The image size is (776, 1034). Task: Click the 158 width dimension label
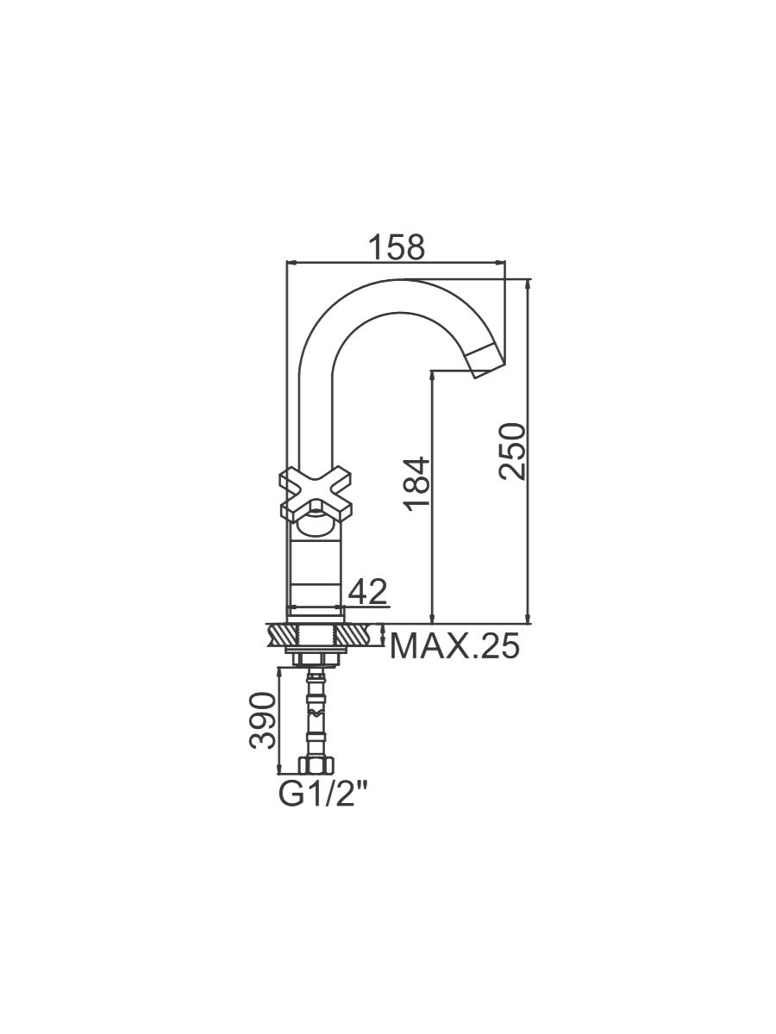pos(397,246)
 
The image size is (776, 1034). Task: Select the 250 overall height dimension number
pos(512,452)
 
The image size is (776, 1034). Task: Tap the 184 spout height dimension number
pos(417,484)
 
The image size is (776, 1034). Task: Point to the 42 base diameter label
pos(367,592)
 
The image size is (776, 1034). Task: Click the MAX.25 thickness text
pos(454,645)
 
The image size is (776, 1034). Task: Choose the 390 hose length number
pos(262,720)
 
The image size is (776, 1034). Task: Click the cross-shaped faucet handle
pos(316,495)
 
